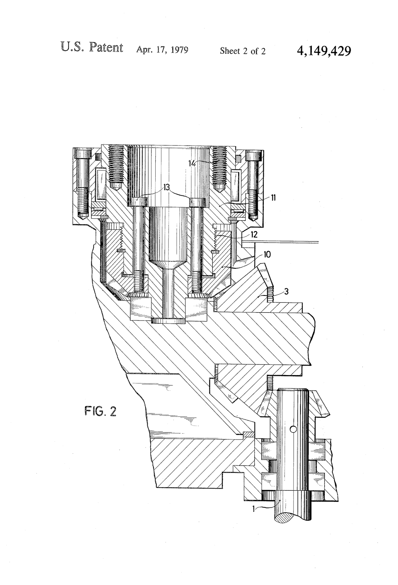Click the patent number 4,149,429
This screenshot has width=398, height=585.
point(324,50)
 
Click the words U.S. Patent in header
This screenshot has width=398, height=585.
point(92,48)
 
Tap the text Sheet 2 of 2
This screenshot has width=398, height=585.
point(242,51)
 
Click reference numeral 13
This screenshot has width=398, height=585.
point(166,188)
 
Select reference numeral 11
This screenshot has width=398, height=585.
point(273,198)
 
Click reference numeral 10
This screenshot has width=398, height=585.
point(267,254)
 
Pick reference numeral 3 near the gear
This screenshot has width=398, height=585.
point(287,292)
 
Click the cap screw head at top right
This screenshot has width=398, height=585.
point(254,155)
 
